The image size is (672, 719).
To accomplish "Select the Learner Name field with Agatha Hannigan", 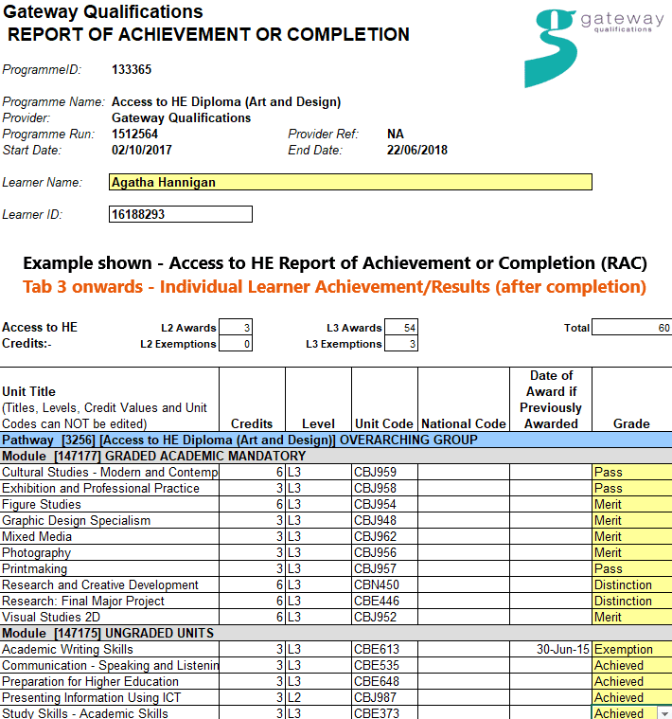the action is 350,182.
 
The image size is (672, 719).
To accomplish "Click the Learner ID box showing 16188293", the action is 181,215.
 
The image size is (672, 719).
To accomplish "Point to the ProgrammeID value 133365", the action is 132,69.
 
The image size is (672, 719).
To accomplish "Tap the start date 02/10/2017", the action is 142,150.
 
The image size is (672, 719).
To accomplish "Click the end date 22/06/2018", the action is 417,150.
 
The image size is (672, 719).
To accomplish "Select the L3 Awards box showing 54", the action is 401,328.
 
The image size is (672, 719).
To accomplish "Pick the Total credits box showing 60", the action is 631,328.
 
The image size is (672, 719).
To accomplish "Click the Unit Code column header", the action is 383,423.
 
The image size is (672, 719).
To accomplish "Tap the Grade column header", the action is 631,423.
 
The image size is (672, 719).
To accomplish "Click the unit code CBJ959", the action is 375,472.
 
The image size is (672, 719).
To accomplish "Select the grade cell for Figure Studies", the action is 631,504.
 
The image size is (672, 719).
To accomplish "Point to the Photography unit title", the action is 36,552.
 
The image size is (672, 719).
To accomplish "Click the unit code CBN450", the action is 376,584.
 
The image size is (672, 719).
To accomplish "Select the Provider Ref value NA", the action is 396,134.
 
